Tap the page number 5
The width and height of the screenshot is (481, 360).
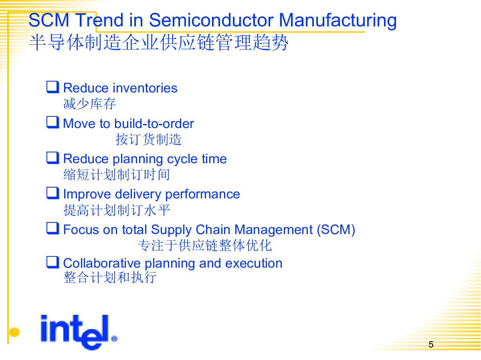click(x=431, y=345)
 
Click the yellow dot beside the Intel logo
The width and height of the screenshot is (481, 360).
click(x=14, y=332)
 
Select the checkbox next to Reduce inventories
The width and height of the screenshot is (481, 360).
click(x=53, y=87)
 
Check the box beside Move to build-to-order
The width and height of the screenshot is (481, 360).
click(x=53, y=122)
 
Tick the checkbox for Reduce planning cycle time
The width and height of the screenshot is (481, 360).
click(x=53, y=158)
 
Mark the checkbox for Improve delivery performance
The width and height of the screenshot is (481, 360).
click(x=53, y=193)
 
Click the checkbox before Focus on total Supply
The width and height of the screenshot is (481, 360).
click(x=53, y=228)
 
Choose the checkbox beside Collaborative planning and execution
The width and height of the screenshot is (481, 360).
click(x=53, y=262)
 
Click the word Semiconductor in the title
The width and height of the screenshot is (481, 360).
click(x=211, y=20)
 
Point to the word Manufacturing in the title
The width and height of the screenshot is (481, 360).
click(x=338, y=21)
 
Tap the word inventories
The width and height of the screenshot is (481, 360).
click(x=145, y=88)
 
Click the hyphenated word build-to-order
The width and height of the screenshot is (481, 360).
click(x=154, y=124)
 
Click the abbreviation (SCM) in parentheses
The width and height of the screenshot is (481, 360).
click(x=336, y=230)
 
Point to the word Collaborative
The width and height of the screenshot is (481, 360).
click(x=102, y=263)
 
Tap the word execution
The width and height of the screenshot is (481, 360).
click(x=254, y=263)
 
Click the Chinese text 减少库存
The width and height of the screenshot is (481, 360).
click(x=89, y=104)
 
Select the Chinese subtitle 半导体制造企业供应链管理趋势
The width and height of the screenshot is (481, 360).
click(x=158, y=42)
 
